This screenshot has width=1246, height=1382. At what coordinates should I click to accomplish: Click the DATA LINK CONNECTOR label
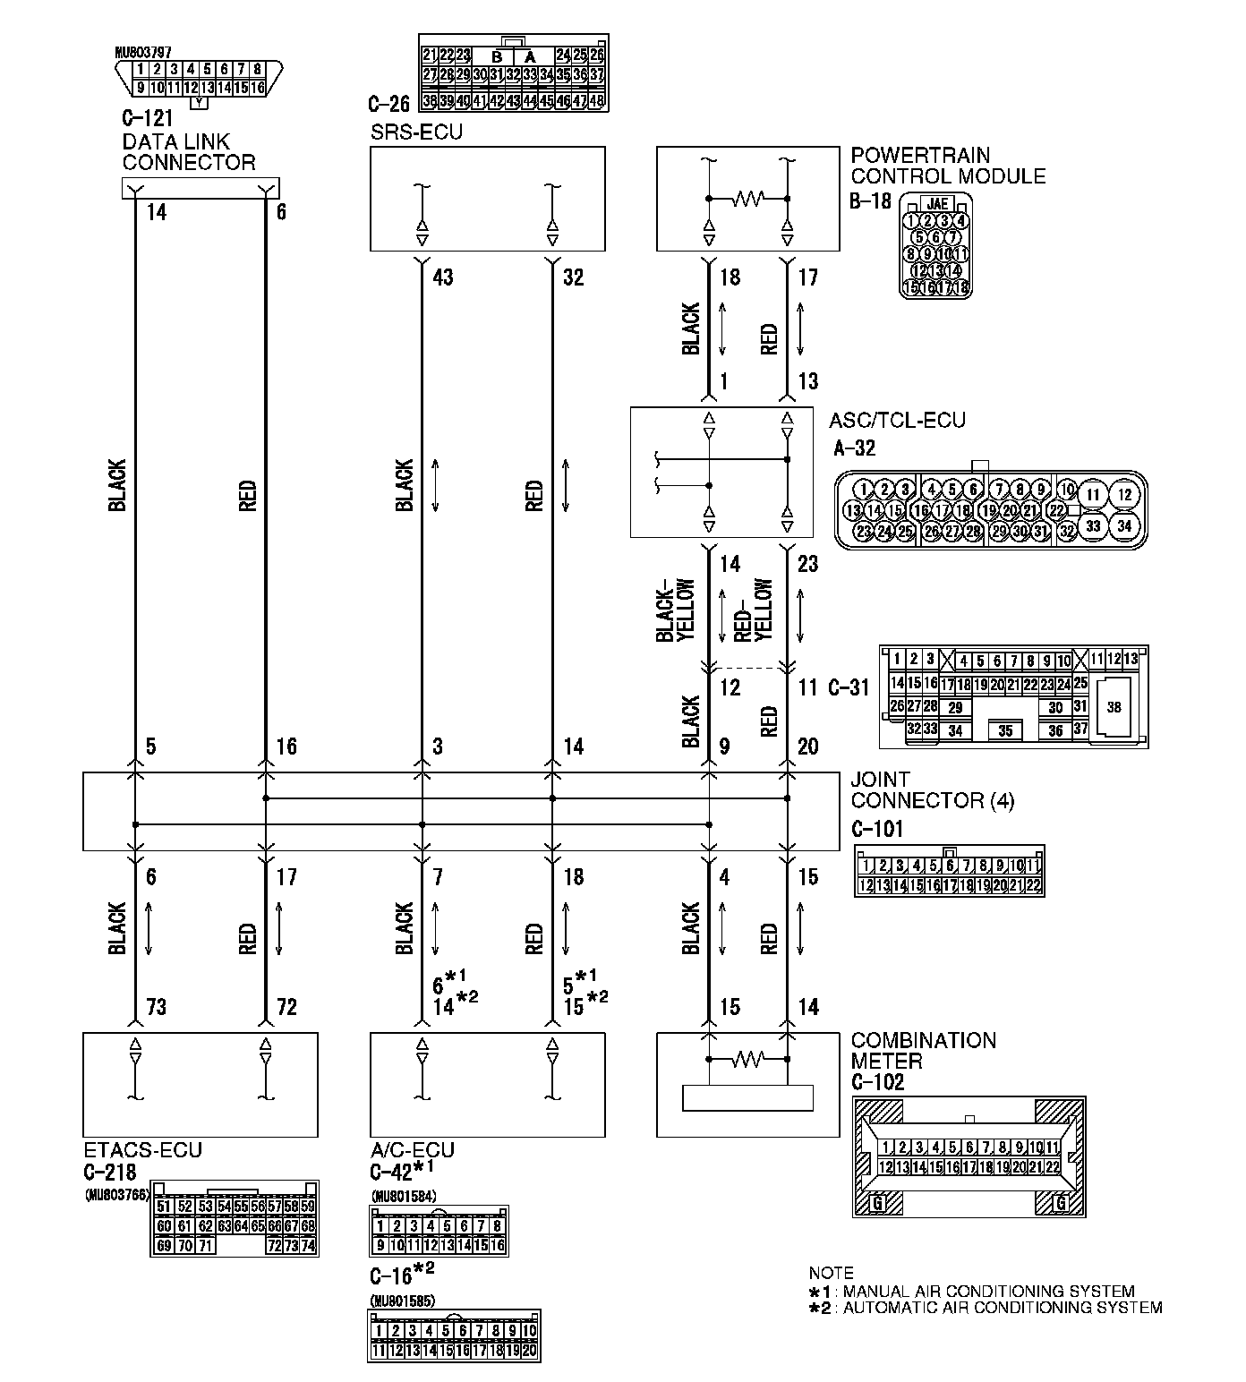click(x=188, y=152)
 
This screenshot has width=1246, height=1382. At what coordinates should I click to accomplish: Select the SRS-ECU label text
click(x=416, y=132)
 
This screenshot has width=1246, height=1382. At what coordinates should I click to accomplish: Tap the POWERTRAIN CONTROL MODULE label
click(x=948, y=166)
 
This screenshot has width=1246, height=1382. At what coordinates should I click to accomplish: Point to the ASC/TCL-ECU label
click(x=897, y=420)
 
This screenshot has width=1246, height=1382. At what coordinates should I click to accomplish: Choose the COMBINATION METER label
click(x=923, y=1051)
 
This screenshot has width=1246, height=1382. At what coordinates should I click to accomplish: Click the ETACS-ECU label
click(x=142, y=1150)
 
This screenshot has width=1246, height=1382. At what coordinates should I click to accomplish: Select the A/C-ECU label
click(x=412, y=1150)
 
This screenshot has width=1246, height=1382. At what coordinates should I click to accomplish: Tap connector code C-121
click(x=147, y=117)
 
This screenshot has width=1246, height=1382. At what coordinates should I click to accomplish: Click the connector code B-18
click(x=870, y=200)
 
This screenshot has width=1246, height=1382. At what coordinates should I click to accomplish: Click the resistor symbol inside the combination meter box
click(x=748, y=1060)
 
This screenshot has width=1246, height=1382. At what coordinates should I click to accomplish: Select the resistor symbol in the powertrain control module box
click(x=748, y=198)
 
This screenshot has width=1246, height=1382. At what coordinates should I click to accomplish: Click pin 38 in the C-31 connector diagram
click(x=1114, y=707)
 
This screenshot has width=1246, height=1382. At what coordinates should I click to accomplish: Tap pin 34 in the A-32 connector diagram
click(x=1124, y=525)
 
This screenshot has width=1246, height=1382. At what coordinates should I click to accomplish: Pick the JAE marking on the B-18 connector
click(x=937, y=203)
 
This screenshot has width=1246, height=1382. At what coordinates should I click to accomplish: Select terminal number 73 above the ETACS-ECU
click(x=156, y=1008)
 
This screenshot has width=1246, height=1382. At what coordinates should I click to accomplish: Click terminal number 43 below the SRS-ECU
click(x=442, y=277)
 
